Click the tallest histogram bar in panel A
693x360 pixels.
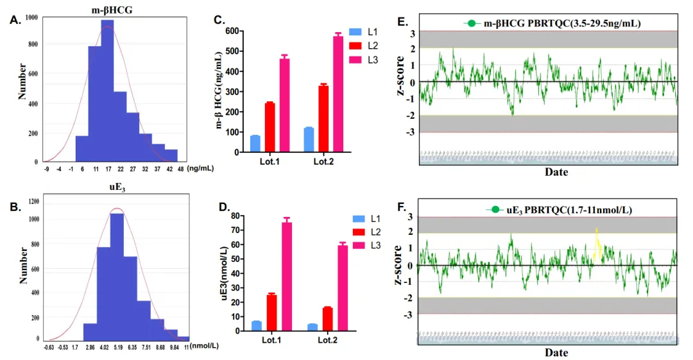[107, 90]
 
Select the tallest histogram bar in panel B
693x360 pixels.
[117, 276]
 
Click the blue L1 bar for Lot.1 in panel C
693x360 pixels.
[255, 144]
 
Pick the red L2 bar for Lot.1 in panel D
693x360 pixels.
[271, 313]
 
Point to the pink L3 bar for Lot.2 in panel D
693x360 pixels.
[343, 288]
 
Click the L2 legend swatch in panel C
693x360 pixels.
[355, 45]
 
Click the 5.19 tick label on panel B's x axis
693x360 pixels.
[118, 347]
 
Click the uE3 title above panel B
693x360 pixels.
[114, 187]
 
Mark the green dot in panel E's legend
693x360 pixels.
[472, 24]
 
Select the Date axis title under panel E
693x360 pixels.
[556, 172]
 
